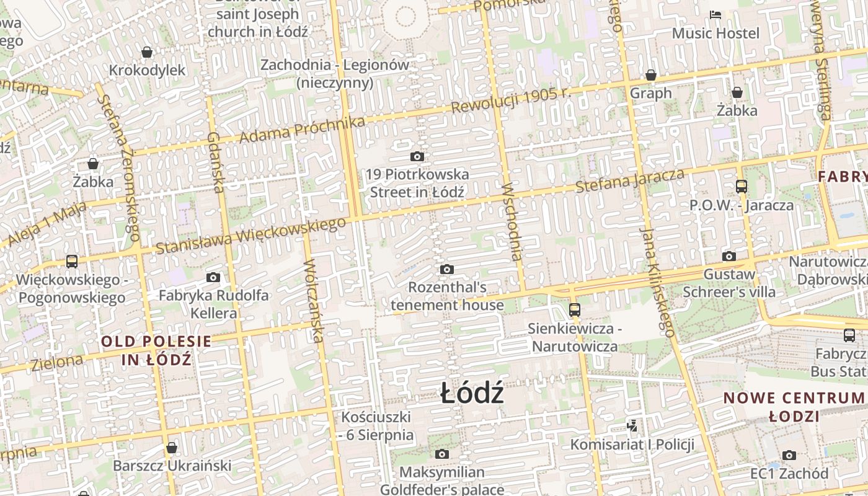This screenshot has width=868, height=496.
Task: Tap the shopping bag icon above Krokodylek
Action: coord(147,52)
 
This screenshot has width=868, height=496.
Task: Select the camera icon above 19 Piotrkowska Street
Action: coord(417,156)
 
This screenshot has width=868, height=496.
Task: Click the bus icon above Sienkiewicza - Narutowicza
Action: coord(575,309)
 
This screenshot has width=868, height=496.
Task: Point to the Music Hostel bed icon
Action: coord(715,14)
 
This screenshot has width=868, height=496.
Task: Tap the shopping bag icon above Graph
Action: coord(651,75)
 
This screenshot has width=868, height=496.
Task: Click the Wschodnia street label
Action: coord(513,221)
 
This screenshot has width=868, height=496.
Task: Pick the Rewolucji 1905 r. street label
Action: coord(510,101)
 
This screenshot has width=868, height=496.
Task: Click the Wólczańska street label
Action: coord(314,300)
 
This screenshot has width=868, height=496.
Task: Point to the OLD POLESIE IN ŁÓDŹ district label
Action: coord(156,350)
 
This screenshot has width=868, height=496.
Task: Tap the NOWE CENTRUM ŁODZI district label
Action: coord(794,407)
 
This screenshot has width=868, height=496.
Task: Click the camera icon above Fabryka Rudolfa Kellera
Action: coord(213,277)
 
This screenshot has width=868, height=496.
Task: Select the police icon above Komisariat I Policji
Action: coord(632,426)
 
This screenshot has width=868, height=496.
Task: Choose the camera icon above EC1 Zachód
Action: coord(789,456)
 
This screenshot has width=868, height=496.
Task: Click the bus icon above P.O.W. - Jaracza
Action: coord(741,186)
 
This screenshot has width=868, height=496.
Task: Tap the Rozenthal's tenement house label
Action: coord(447,296)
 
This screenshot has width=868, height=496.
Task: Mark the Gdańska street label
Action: coord(215,162)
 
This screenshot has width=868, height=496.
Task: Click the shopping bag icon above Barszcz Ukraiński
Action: coord(172,448)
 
